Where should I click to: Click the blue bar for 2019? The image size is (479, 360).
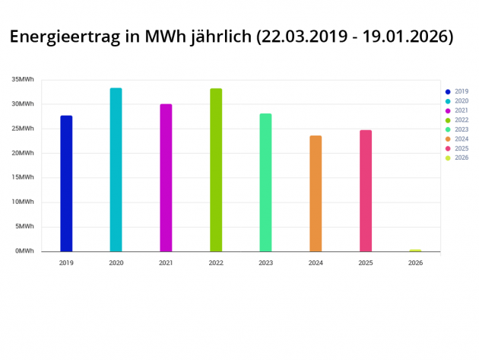coord(66,183)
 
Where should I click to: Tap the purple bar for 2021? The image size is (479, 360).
coord(166,178)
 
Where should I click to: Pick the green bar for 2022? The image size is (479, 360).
coord(216,170)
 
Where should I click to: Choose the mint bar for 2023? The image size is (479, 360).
coord(265,183)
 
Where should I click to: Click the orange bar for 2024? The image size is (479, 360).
coord(316,194)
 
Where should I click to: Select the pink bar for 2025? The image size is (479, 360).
coord(366,191)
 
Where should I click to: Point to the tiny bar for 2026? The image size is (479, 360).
coord(415,250)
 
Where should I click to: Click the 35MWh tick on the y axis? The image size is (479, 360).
coord(23,80)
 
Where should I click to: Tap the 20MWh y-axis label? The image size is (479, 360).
coord(23,153)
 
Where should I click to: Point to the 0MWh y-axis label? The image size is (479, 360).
coord(24,251)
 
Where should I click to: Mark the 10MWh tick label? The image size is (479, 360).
coord(23,202)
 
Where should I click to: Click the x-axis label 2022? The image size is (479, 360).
coord(216,263)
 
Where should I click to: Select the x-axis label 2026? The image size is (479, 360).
coord(415,263)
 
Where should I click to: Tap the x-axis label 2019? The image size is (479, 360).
coord(66,263)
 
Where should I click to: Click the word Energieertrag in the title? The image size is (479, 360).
coord(68,37)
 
